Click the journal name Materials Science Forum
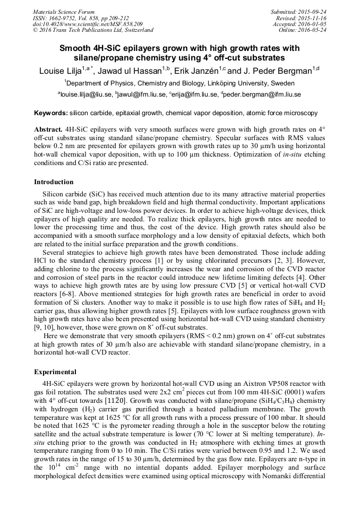point(64,12)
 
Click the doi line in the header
point(88,24)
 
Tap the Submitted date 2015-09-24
point(313,12)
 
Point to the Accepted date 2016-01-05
point(313,24)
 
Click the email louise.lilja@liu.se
point(87,94)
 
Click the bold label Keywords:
point(50,113)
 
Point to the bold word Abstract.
point(48,130)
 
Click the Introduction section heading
point(54,182)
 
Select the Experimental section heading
point(55,372)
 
